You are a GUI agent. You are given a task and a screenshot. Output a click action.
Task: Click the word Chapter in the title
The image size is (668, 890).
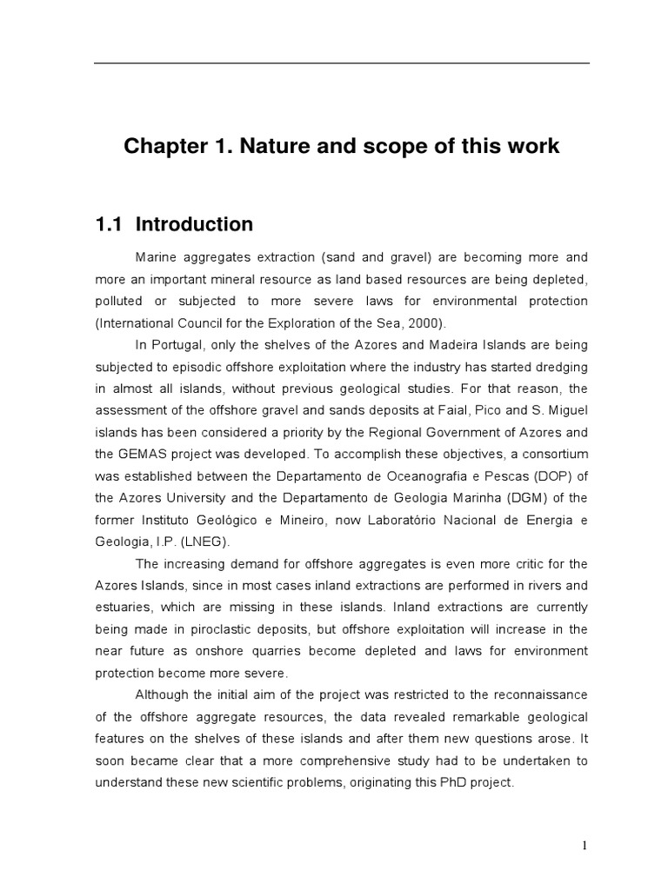[162, 146]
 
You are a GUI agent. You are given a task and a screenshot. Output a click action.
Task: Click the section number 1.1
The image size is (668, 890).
[110, 224]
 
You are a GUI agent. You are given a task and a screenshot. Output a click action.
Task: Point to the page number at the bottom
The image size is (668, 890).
[585, 846]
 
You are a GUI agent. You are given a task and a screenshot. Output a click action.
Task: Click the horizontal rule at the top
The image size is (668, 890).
[341, 63]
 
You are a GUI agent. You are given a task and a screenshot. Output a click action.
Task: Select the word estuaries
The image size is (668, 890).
[124, 607]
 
